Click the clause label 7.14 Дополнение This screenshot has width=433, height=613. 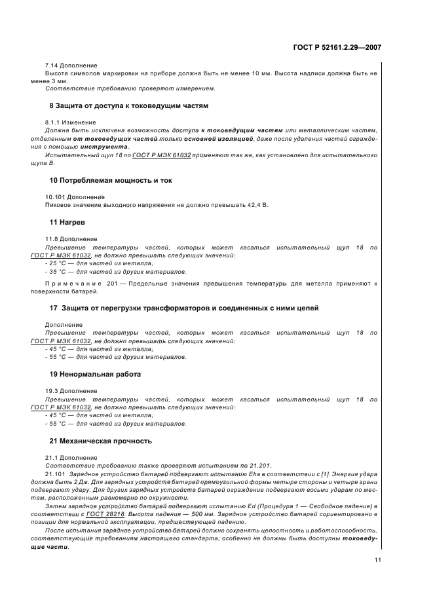pyautogui.click(x=71, y=65)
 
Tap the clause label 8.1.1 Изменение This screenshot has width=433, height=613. pyautogui.click(x=70, y=122)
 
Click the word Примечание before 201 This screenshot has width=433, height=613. pyautogui.click(x=71, y=284)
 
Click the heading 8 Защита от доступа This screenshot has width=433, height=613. pyautogui.click(x=128, y=105)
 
